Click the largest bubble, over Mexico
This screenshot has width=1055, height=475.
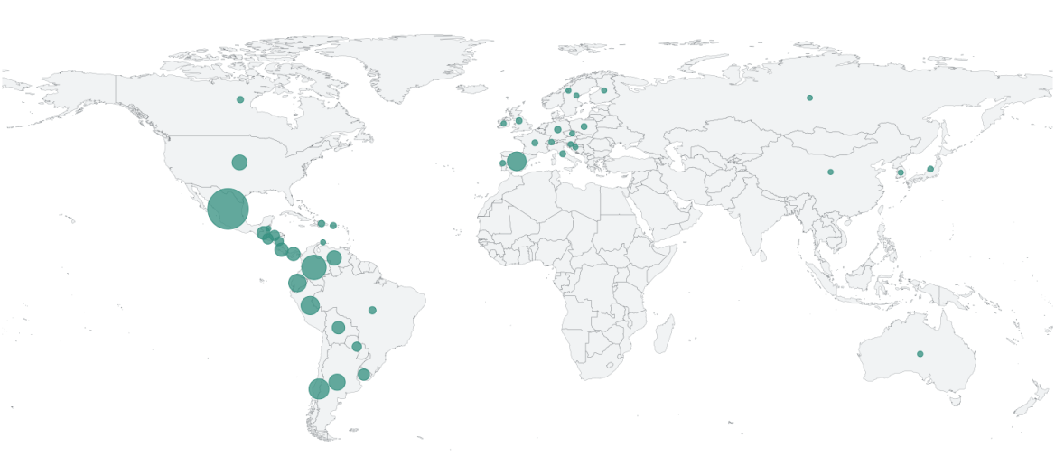(x=228, y=210)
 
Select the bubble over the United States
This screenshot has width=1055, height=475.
(x=239, y=163)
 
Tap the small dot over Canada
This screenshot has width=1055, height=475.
(x=240, y=99)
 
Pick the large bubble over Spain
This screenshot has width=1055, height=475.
(x=517, y=162)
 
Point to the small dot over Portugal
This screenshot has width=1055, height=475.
(x=503, y=163)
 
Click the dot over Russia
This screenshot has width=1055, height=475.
(x=809, y=98)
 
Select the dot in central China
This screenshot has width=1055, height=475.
(x=831, y=172)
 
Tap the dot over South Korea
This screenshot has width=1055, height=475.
(x=901, y=172)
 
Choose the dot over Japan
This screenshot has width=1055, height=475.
(x=930, y=169)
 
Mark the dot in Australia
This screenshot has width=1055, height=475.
(x=920, y=354)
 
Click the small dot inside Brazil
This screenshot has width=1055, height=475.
(x=372, y=311)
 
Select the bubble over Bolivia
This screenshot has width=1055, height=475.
(x=338, y=328)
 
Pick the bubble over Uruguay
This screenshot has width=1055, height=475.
(x=364, y=375)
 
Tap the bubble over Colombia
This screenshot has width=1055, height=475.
(x=313, y=267)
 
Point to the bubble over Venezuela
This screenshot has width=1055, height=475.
(x=334, y=258)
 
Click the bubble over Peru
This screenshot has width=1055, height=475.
(x=310, y=305)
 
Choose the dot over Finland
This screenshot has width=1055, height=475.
(x=604, y=90)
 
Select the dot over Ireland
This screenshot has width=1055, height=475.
(x=504, y=123)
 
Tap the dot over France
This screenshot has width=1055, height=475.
(x=535, y=143)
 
